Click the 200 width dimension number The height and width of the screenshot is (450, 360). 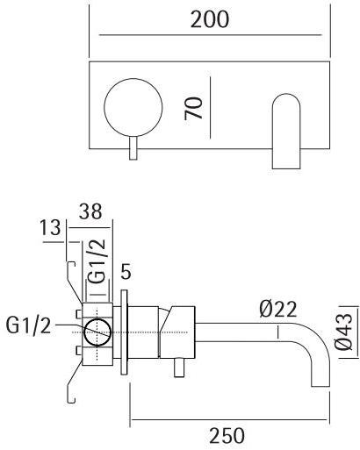(x=211, y=20)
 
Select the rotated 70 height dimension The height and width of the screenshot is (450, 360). (x=198, y=109)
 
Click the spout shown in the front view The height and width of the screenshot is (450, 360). (x=288, y=132)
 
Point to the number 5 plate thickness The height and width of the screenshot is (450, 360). (x=128, y=272)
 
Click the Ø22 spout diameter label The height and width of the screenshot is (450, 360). (x=278, y=308)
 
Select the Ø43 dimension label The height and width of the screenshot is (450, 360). (x=345, y=334)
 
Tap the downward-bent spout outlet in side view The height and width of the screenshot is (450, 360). (x=314, y=368)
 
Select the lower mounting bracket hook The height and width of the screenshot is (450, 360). (x=69, y=386)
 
